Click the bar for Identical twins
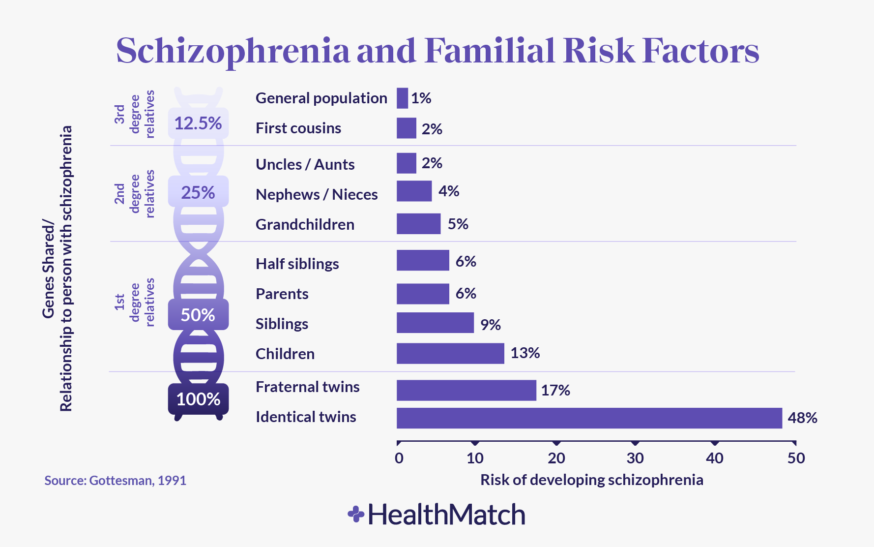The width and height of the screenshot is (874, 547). tap(589, 418)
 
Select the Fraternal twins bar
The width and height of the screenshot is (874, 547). tap(466, 390)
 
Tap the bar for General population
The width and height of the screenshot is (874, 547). tap(402, 98)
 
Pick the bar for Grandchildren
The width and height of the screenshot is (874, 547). tap(418, 224)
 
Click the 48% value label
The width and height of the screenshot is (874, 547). tap(802, 418)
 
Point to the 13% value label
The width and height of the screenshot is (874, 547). tap(525, 353)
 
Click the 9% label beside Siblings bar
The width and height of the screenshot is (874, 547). tap(490, 325)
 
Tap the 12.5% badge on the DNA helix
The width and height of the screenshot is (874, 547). tap(198, 123)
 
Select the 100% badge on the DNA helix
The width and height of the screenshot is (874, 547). tap(198, 399)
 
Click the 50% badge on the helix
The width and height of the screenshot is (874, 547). tap(198, 315)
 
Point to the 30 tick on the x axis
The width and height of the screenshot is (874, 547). tap(635, 458)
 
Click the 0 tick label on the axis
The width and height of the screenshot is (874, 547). tap(399, 458)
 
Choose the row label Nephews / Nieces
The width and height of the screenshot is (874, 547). tap(317, 195)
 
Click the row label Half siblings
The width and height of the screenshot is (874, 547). tap(297, 264)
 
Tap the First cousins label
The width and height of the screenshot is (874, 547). tap(298, 128)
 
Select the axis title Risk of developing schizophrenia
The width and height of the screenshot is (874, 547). tap(591, 480)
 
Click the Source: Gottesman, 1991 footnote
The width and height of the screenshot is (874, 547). tap(116, 481)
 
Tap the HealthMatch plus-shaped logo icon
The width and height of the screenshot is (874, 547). tap(356, 515)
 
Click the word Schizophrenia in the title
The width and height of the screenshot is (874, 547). tap(233, 51)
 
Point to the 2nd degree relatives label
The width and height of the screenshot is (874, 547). tap(135, 193)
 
